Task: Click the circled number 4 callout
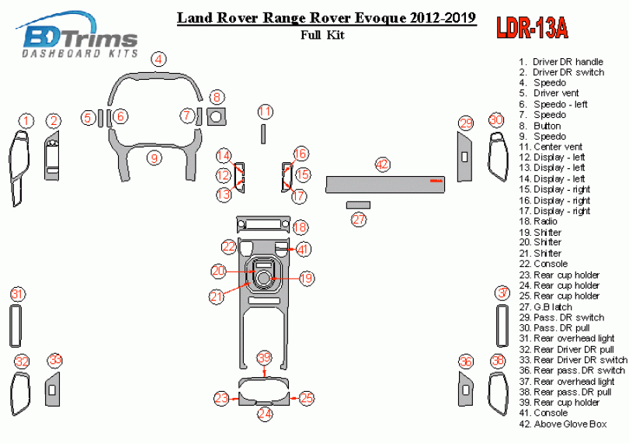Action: pyautogui.click(x=158, y=59)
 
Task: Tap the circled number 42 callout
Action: pyautogui.click(x=382, y=164)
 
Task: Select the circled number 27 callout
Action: pyautogui.click(x=359, y=220)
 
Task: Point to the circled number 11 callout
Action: pyautogui.click(x=266, y=111)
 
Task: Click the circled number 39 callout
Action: pyautogui.click(x=265, y=358)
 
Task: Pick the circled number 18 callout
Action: pyautogui.click(x=301, y=227)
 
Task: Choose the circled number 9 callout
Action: pyautogui.click(x=155, y=158)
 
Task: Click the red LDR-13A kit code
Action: pyautogui.click(x=532, y=29)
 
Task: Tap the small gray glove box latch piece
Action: pyautogui.click(x=358, y=204)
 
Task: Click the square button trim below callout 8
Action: pyautogui.click(x=217, y=116)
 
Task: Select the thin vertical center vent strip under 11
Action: pyautogui.click(x=262, y=133)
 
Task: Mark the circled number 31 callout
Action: pyautogui.click(x=17, y=294)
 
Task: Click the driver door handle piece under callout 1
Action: pyautogui.click(x=18, y=167)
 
